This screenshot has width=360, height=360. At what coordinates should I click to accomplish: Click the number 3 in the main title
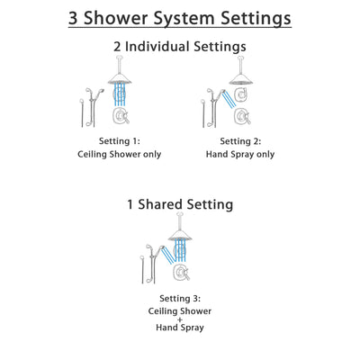pyautogui.click(x=76, y=18)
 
